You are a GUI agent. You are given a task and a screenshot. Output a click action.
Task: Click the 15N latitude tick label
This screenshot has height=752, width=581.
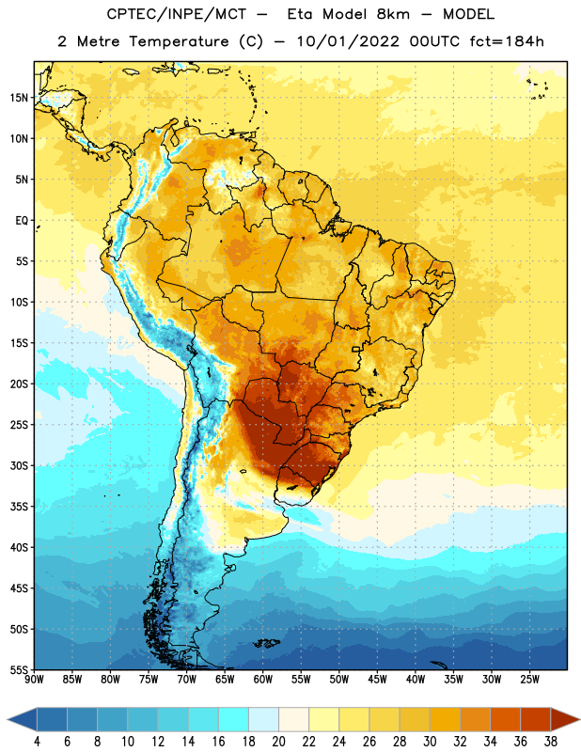pyautogui.click(x=19, y=98)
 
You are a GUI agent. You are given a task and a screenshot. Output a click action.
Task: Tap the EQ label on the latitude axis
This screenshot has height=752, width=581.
pyautogui.click(x=22, y=221)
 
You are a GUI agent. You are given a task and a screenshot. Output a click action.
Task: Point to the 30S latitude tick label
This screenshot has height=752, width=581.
pyautogui.click(x=19, y=465)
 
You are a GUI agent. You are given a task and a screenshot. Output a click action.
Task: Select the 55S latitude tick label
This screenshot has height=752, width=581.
pyautogui.click(x=19, y=669)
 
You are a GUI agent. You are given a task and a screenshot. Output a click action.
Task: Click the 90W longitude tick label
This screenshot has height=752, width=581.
pyautogui.click(x=34, y=680)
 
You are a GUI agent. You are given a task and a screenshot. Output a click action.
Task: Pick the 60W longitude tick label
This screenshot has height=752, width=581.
pyautogui.click(x=263, y=680)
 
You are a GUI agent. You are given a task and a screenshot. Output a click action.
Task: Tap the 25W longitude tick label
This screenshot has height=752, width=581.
pyautogui.click(x=529, y=680)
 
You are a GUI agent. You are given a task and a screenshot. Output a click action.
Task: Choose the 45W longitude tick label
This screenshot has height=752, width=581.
pyautogui.click(x=377, y=680)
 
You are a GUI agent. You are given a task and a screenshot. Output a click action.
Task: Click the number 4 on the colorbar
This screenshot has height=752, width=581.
pyautogui.click(x=37, y=742)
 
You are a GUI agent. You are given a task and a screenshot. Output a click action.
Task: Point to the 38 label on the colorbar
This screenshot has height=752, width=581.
pyautogui.click(x=551, y=742)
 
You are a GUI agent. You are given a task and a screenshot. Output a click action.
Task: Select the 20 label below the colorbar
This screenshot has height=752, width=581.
pyautogui.click(x=278, y=742)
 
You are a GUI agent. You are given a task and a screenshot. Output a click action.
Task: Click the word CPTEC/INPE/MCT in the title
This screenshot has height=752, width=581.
pyautogui.click(x=177, y=14)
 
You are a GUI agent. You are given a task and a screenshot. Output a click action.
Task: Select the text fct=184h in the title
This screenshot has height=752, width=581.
pyautogui.click(x=507, y=41)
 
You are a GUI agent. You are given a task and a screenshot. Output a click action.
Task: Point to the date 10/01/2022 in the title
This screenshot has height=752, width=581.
pyautogui.click(x=348, y=41)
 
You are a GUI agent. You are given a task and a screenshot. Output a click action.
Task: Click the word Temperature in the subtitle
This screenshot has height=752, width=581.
pyautogui.click(x=179, y=41)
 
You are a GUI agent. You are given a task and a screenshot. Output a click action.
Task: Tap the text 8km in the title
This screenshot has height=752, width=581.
pyautogui.click(x=393, y=14)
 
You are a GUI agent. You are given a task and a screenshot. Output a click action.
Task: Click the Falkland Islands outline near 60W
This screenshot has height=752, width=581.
pyautogui.click(x=267, y=643)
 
